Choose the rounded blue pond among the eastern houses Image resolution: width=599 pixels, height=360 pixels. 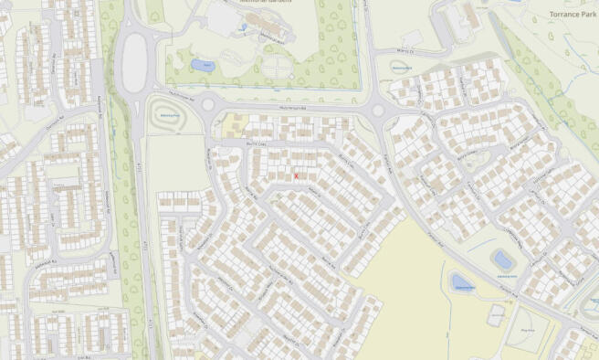pyautogui.click(x=501, y=259)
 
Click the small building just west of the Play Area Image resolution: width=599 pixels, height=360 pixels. pyautogui.click(x=496, y=316)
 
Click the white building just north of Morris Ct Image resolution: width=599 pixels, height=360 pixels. pyautogui.click(x=410, y=38)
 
